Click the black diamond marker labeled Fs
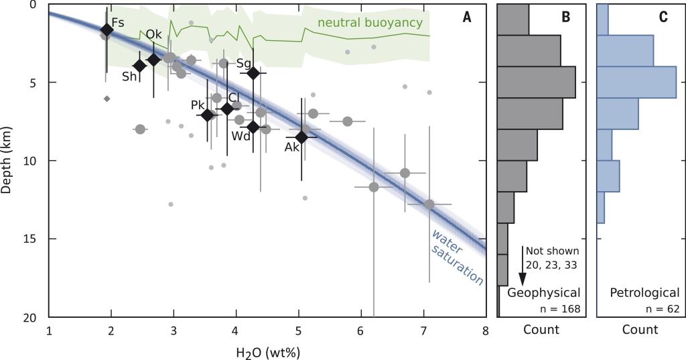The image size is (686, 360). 107,30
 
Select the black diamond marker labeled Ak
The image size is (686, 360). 301,137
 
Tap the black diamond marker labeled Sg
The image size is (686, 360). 253,73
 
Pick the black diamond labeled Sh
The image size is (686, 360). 139,66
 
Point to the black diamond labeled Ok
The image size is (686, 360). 153,60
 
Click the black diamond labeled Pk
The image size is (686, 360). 208,115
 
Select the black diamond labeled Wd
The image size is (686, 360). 253,127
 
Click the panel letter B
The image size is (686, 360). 566,17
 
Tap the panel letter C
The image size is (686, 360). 663,17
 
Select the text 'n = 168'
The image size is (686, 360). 559,309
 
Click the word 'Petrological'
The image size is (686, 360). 644,293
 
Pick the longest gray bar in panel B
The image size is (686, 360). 536,82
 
